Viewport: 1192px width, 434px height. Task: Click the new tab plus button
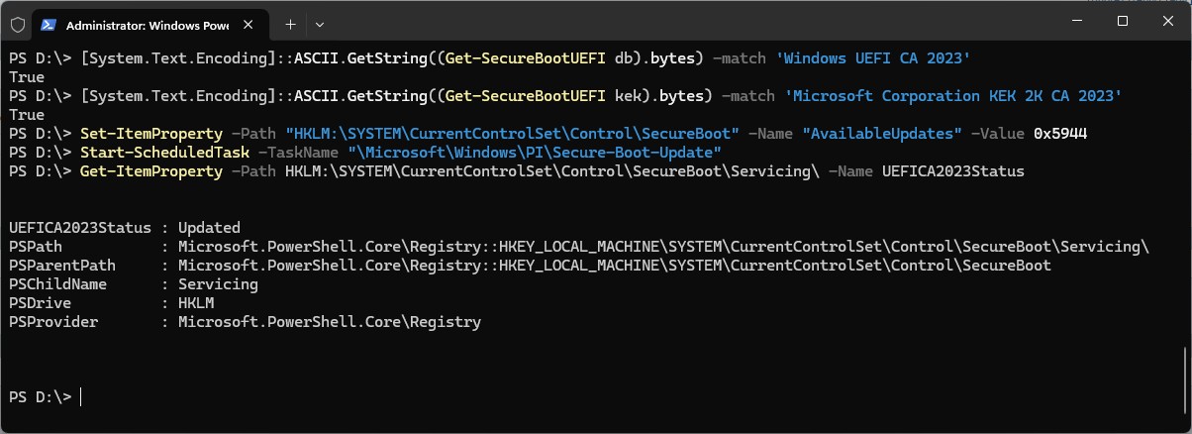pos(290,23)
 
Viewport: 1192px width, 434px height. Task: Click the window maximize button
pos(1122,21)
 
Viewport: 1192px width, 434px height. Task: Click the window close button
pos(1168,21)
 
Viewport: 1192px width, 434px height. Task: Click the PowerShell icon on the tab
pos(48,23)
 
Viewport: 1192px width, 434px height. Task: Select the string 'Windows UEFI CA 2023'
pos(873,58)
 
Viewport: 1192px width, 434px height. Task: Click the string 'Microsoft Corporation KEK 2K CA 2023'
pos(952,96)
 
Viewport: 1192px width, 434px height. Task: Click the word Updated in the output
pos(209,228)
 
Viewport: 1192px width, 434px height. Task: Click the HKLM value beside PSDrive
pos(196,303)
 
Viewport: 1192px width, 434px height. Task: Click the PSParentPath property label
pos(59,266)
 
